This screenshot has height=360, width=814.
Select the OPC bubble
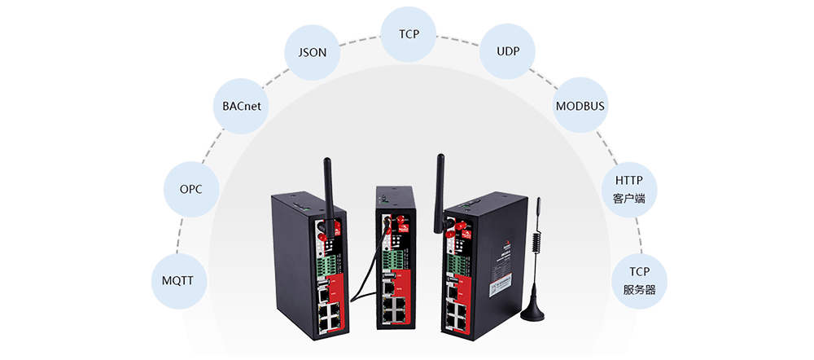click(x=190, y=190)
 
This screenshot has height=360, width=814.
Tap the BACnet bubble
click(x=241, y=107)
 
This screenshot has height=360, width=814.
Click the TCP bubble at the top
click(x=409, y=35)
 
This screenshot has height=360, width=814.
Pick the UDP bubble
click(x=508, y=52)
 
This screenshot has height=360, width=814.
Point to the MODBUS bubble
click(x=581, y=107)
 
